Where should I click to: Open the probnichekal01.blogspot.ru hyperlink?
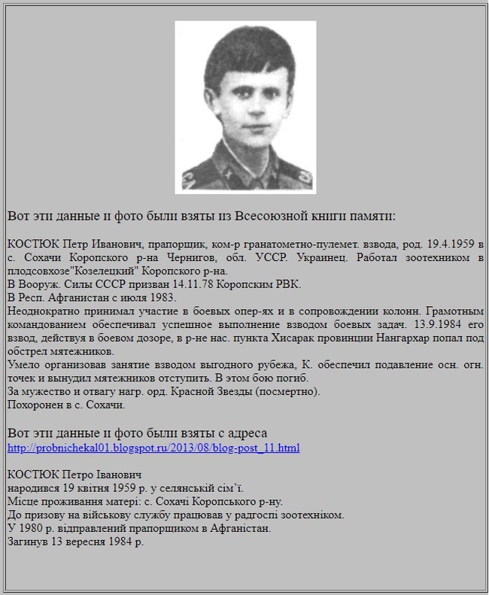pos(153,448)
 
